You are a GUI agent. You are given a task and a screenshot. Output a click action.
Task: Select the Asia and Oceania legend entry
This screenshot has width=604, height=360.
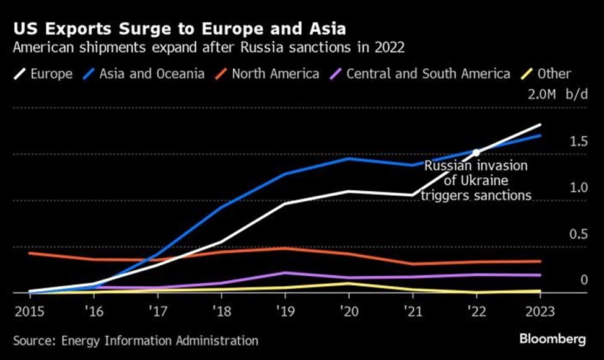pyautogui.click(x=152, y=74)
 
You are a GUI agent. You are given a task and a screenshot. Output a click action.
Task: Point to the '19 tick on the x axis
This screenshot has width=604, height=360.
pyautogui.click(x=283, y=310)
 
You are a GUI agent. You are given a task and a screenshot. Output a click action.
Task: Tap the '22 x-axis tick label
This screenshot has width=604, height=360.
pyautogui.click(x=476, y=310)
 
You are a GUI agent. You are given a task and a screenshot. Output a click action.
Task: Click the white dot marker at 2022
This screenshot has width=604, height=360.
pyautogui.click(x=476, y=152)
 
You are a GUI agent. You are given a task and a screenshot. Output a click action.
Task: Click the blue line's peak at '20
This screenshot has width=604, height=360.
pyautogui.click(x=348, y=158)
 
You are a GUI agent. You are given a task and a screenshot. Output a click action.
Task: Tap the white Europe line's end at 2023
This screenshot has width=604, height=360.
pyautogui.click(x=540, y=125)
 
